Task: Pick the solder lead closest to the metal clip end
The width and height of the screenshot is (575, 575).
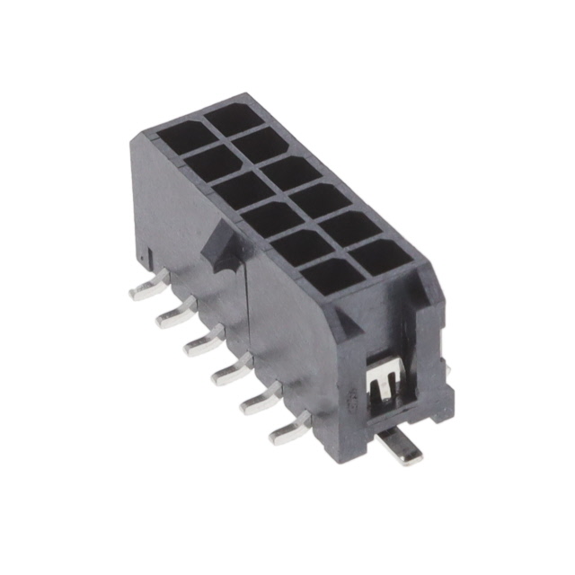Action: point(290,429)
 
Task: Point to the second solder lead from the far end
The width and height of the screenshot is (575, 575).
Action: point(174,314)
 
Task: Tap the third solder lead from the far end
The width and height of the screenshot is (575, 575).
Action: point(204,341)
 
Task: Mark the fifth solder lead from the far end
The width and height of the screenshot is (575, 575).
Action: point(261,398)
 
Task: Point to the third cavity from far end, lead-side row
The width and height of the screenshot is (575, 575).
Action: point(240,190)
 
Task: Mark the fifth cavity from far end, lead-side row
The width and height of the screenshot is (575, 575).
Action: point(299,245)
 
